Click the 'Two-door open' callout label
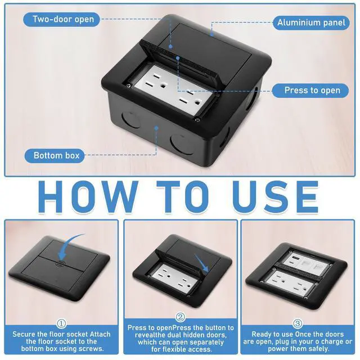pos(61,19)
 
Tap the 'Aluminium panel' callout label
pos(311,22)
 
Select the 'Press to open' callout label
pos(310,90)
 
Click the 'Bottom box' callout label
pos(55,155)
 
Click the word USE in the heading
pos(276,197)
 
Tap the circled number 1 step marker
pos(61,324)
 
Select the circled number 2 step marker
pos(181,317)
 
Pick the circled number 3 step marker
pos(298,324)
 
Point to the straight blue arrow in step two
pos(201,263)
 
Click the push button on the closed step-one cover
pos(60,263)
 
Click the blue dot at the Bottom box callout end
pos(156,128)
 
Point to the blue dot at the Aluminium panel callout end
pos(212,35)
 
